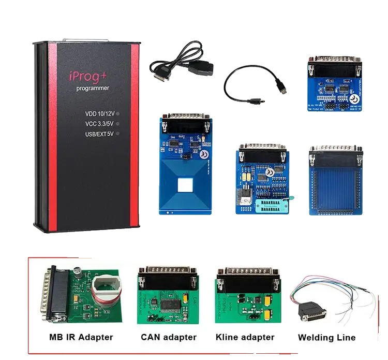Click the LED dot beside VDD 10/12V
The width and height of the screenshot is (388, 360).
coord(118,113)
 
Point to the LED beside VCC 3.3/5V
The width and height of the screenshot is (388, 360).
coord(118,123)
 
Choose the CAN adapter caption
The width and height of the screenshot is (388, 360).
coord(169,337)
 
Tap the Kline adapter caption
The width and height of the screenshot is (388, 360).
coord(245,337)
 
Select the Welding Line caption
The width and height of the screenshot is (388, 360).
coord(326,338)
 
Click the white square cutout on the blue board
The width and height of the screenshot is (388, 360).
coord(186,187)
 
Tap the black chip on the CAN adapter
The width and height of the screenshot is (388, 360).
coord(170,304)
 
